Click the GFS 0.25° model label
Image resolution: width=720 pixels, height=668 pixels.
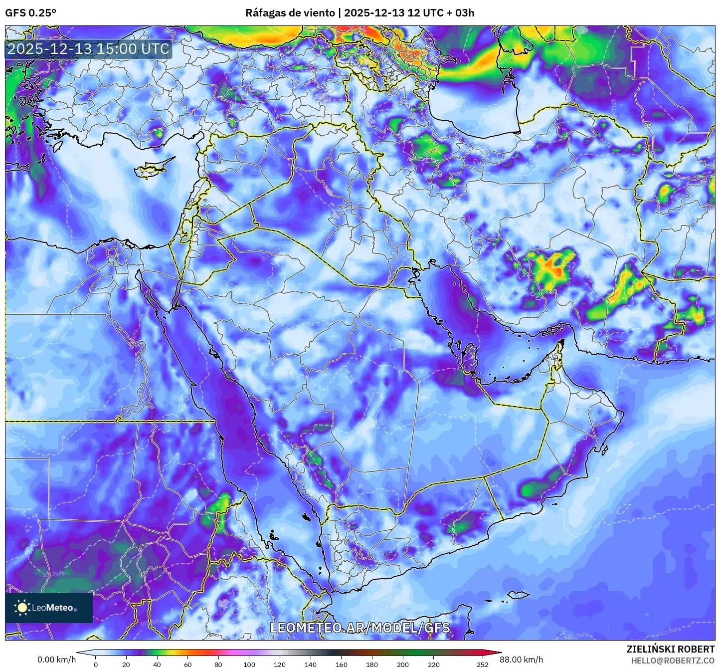(x=30, y=13)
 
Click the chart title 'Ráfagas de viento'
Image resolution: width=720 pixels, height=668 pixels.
(x=290, y=13)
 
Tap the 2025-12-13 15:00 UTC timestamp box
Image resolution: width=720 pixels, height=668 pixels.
(x=88, y=49)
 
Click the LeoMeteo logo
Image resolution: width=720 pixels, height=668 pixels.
(x=49, y=608)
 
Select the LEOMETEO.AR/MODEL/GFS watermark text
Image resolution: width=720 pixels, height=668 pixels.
(x=360, y=628)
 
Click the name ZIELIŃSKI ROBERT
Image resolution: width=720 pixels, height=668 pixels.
(x=671, y=649)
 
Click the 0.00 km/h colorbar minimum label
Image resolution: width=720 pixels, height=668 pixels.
(x=56, y=660)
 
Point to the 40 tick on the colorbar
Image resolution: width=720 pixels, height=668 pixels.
(x=157, y=664)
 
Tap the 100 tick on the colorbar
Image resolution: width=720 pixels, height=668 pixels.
(x=249, y=664)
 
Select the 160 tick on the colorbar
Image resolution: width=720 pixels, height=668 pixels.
(x=342, y=664)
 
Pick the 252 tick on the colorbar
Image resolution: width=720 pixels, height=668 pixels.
(x=482, y=664)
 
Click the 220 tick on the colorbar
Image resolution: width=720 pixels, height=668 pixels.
(x=434, y=664)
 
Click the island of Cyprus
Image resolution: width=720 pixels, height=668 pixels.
(x=152, y=169)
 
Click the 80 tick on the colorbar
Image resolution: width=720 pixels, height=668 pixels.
(x=218, y=664)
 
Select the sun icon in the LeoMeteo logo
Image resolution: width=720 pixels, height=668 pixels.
(x=22, y=608)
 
